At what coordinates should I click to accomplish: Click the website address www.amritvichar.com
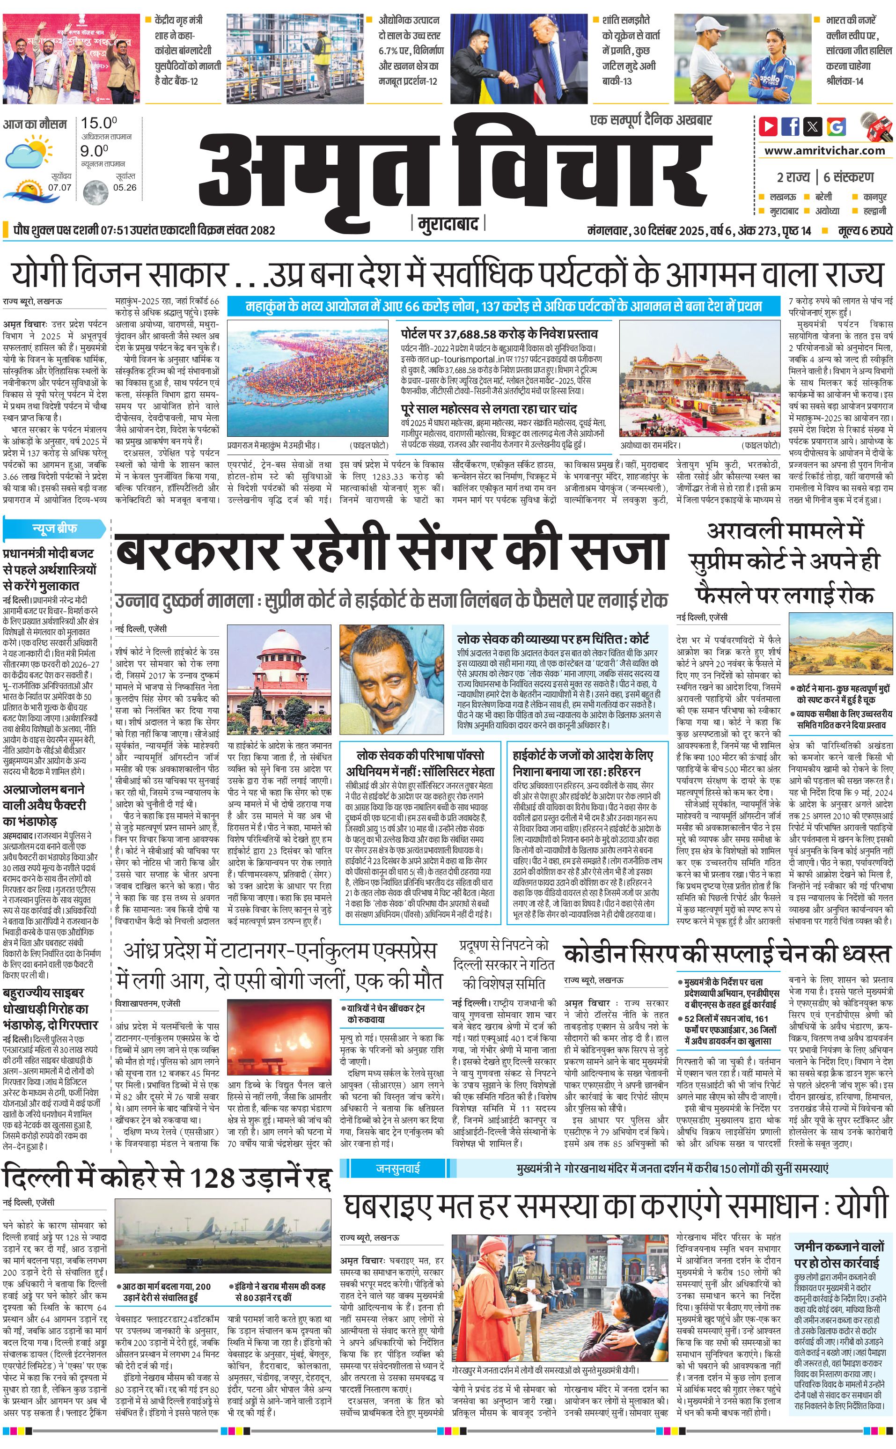[x=824, y=151]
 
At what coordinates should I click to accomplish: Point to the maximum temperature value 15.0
[x=98, y=123]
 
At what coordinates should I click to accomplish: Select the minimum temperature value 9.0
[x=94, y=151]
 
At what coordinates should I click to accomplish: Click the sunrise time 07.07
[x=60, y=187]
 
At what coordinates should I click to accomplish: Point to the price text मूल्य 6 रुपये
[x=865, y=230]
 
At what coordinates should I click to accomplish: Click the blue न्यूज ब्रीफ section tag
[x=54, y=528]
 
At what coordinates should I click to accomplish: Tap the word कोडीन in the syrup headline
[x=595, y=955]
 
